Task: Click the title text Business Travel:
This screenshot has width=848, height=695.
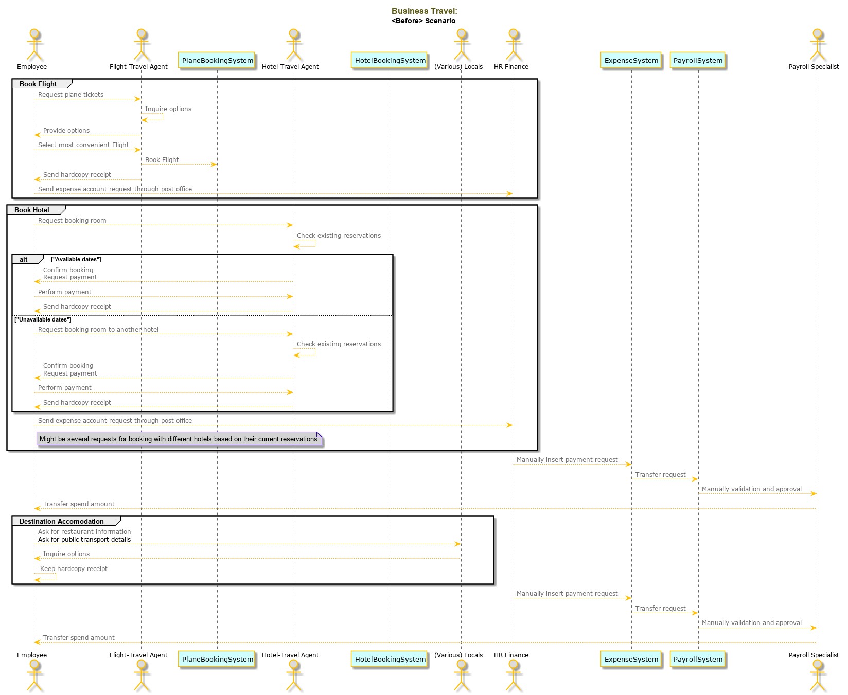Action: pos(424,11)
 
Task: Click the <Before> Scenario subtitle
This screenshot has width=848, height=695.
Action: pos(423,21)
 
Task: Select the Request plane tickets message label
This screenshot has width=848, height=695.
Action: pos(70,95)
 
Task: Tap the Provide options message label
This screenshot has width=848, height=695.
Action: pos(66,131)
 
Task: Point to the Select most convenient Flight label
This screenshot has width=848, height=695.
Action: pos(83,145)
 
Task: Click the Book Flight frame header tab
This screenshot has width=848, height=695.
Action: pos(42,84)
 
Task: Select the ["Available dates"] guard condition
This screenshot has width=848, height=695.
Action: pos(76,259)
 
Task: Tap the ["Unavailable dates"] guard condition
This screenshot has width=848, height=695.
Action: pos(43,319)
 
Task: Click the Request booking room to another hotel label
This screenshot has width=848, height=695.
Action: pos(98,330)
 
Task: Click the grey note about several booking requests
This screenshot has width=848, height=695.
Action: pos(179,439)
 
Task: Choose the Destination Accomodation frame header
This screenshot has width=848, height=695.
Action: pos(66,521)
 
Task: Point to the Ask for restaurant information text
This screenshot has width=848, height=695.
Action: pos(84,532)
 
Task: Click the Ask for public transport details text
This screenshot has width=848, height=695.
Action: pos(84,540)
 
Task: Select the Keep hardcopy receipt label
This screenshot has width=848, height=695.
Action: pos(74,569)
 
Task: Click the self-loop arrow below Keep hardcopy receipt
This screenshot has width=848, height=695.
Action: pos(56,577)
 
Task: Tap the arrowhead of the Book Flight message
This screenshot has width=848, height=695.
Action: pos(214,165)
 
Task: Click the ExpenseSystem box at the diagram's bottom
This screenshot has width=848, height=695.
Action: pos(631,659)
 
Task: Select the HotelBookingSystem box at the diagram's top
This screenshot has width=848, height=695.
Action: pos(390,60)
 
